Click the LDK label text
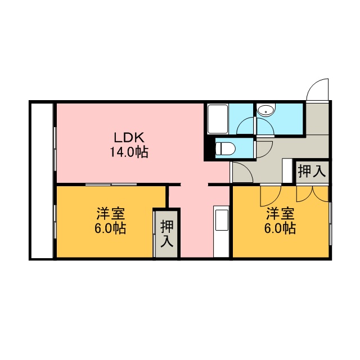(x=129, y=138)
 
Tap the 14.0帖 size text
(x=129, y=152)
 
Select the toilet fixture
(x=226, y=148)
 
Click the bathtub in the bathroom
(x=218, y=119)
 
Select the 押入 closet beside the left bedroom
(x=166, y=233)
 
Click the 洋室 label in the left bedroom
(x=111, y=214)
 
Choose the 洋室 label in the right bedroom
(x=280, y=214)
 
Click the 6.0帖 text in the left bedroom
(x=110, y=228)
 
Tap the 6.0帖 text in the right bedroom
(x=280, y=228)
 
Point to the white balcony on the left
(x=42, y=181)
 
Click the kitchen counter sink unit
(x=221, y=232)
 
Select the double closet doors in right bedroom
(x=313, y=194)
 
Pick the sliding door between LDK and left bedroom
(x=111, y=184)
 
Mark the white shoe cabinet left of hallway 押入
(x=287, y=170)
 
